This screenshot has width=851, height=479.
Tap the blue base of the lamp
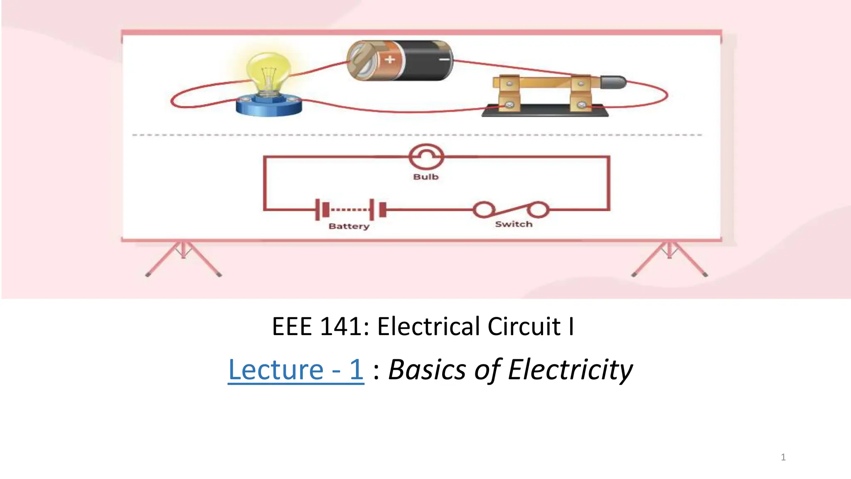(x=269, y=107)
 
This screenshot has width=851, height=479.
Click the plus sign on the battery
(x=389, y=59)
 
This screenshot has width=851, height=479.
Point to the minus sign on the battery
(x=444, y=60)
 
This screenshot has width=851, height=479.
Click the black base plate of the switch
(x=544, y=111)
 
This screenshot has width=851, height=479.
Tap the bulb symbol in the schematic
(x=426, y=157)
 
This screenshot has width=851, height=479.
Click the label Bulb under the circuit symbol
(x=426, y=177)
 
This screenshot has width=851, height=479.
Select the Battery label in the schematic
(x=349, y=226)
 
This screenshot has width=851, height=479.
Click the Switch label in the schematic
(x=514, y=224)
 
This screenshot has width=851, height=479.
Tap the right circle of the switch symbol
(x=539, y=210)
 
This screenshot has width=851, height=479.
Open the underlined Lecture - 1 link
(x=296, y=369)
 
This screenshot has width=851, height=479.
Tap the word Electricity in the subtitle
(x=570, y=369)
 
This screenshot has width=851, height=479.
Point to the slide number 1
(x=783, y=457)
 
